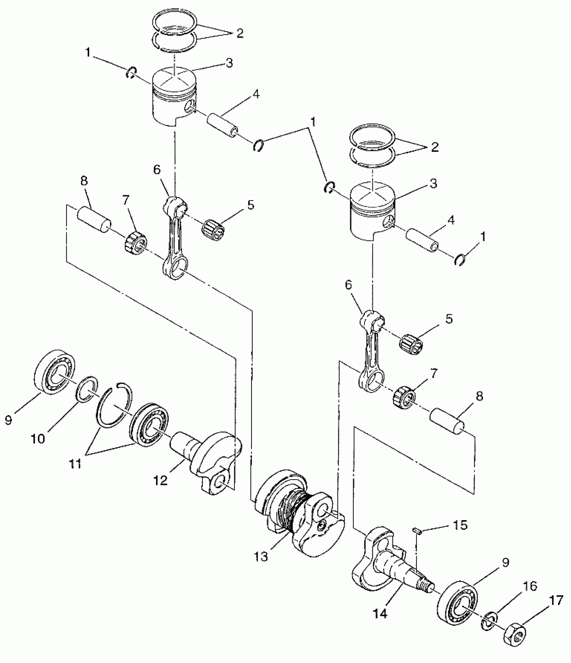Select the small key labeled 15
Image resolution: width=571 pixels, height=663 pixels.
click(x=416, y=531)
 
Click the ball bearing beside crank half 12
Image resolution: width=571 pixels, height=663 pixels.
click(x=150, y=424)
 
